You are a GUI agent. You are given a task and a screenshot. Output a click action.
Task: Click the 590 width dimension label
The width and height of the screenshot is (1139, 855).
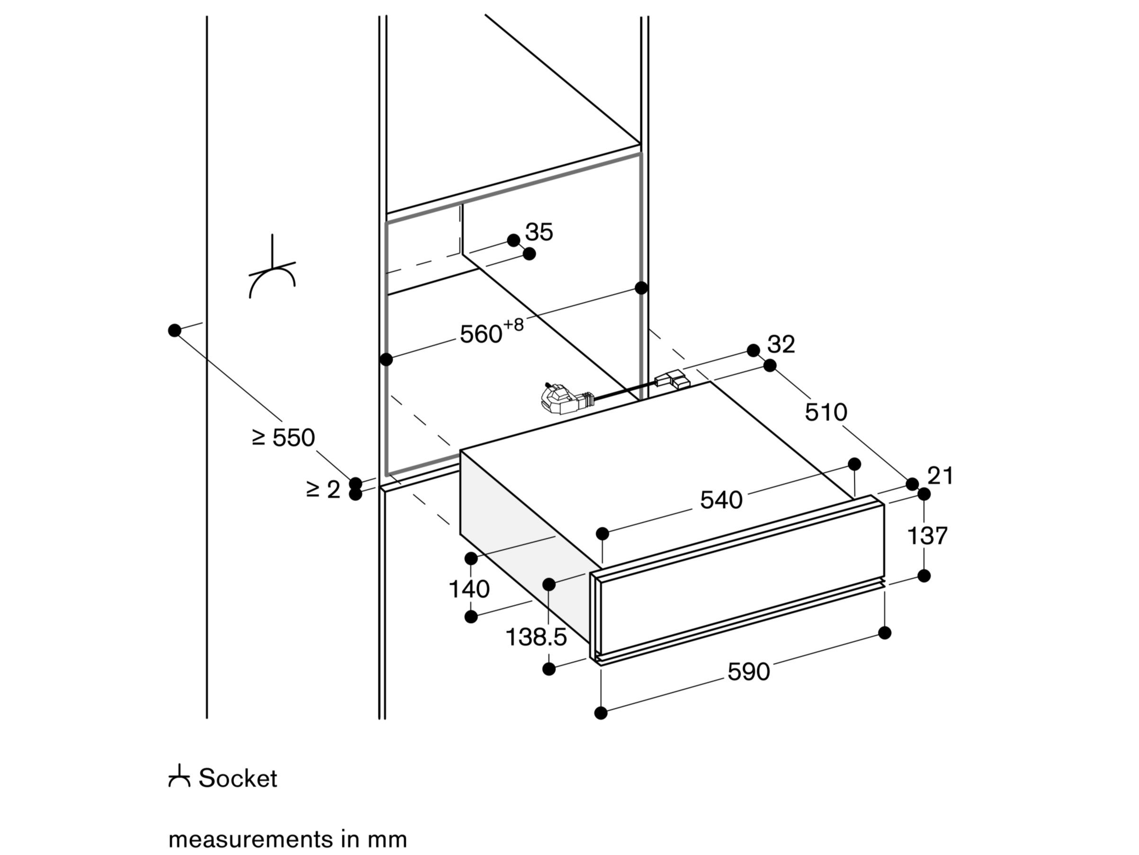coord(748,672)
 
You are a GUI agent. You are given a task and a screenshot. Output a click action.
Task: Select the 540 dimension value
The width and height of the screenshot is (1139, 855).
coord(721,500)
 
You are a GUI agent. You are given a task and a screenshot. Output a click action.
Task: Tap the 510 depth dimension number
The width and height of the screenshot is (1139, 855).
coord(826,413)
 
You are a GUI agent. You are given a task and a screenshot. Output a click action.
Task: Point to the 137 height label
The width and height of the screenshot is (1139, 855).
coord(927,536)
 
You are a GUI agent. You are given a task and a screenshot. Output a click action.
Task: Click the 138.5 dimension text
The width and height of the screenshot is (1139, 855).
coord(536,637)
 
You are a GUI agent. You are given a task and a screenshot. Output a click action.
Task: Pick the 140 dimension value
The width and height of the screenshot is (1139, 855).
coord(469,589)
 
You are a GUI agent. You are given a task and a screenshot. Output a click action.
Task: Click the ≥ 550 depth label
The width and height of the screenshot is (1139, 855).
coord(283,438)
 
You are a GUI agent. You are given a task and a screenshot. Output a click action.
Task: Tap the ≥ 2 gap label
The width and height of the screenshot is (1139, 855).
coord(323,489)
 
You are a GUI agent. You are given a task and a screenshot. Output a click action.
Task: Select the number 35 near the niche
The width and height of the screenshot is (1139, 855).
coord(539,232)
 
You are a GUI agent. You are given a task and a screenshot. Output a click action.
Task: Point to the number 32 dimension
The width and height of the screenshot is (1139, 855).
coord(781,344)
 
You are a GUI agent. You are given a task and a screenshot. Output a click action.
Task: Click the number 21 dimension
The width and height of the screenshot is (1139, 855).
coord(940,476)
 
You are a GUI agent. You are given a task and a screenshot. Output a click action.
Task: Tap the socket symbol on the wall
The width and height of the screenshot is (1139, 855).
coord(272,273)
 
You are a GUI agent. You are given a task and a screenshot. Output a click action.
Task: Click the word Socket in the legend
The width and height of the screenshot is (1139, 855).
coord(238,778)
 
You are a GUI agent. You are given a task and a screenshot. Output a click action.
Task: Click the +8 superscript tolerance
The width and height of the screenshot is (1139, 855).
coord(513,325)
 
